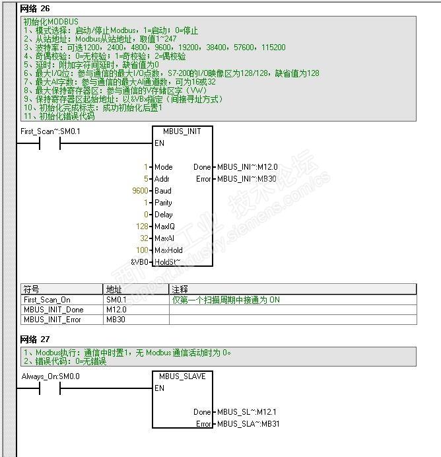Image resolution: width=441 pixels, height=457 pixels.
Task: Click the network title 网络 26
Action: (36, 8)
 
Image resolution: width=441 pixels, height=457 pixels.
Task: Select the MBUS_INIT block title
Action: (182, 131)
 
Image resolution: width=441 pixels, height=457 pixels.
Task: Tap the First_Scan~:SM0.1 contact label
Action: (50, 131)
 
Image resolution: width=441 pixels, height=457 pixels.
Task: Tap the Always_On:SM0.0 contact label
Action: (50, 376)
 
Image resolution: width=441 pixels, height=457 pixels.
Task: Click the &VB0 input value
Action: (141, 262)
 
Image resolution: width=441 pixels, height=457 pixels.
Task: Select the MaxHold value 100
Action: (143, 250)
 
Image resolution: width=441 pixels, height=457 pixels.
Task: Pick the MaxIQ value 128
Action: (143, 227)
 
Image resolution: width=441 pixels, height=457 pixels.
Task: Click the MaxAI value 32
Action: (145, 238)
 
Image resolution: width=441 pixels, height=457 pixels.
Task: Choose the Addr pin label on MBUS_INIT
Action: (162, 179)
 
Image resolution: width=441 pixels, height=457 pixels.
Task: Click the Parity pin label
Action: (163, 203)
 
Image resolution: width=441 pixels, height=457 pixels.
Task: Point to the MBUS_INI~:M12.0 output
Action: (247, 167)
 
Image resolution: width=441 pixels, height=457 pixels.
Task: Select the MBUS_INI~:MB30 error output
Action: (247, 179)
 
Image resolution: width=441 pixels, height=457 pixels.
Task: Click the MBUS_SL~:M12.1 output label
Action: (247, 412)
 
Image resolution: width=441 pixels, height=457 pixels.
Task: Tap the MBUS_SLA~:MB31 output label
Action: (248, 424)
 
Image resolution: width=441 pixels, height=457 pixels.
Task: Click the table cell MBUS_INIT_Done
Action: (53, 310)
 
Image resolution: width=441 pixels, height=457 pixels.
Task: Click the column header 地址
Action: (114, 289)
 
